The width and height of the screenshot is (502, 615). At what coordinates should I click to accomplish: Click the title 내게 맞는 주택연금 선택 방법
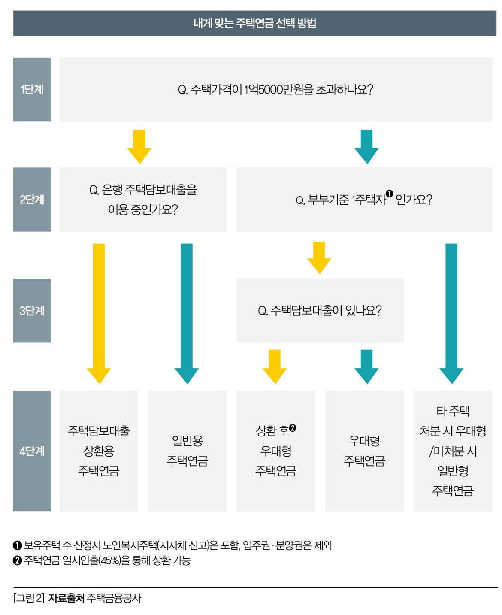coord(254,23)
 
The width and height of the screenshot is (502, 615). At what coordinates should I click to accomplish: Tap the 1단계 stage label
coord(32,89)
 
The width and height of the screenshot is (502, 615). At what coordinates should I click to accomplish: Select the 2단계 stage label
coord(32,200)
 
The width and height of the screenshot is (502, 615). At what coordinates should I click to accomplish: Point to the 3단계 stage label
coord(32,310)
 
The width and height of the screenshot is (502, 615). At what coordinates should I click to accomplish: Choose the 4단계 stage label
coord(32,451)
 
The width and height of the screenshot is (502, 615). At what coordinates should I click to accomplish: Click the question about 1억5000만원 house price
coord(275,89)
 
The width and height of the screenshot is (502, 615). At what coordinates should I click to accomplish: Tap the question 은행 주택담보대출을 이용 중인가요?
coord(143,200)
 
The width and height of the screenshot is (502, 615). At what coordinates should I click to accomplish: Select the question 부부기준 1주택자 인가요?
coord(364,200)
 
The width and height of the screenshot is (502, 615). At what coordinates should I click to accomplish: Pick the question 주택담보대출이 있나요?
coord(320,310)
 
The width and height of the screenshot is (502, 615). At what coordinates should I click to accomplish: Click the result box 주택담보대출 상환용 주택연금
coord(99,451)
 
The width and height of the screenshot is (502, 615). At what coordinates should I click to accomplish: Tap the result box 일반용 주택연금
coord(187,451)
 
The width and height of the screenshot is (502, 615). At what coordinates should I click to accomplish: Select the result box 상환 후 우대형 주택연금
coord(275,451)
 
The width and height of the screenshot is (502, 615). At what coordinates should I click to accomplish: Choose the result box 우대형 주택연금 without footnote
coord(364,451)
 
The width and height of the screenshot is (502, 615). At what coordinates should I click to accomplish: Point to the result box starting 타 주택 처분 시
coord(453,451)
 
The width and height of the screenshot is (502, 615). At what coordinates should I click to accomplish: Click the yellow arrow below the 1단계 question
coord(139,146)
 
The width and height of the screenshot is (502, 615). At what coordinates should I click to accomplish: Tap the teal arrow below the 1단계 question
coord(366,146)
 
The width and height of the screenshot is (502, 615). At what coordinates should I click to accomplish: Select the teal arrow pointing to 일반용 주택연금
coord(187,313)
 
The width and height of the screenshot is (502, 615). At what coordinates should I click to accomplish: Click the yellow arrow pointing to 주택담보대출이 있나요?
coord(319,257)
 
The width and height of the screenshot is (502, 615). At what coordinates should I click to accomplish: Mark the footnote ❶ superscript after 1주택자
coord(389,194)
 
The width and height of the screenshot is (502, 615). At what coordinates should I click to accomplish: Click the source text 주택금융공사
coord(114,598)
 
